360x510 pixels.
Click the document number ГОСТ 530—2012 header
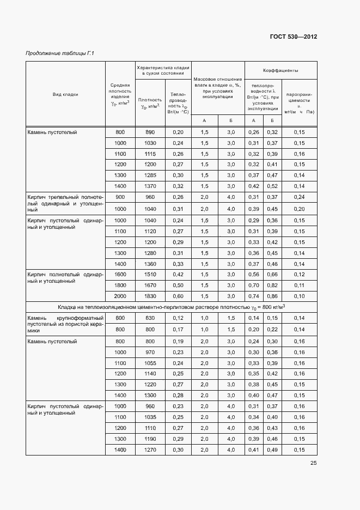pyautogui.click(x=294, y=37)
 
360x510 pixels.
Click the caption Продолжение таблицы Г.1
pyautogui.click(x=60, y=53)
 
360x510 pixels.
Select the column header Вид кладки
pyautogui.click(x=65, y=94)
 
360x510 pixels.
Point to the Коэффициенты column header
pyautogui.click(x=280, y=70)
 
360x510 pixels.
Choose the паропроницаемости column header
pyautogui.click(x=299, y=101)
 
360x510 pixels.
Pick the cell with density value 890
pyautogui.click(x=150, y=132)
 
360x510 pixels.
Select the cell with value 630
pyautogui.click(x=150, y=318)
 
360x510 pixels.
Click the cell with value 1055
pyautogui.click(x=150, y=363)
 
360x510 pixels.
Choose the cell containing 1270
pyautogui.click(x=150, y=450)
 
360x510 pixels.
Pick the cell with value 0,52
pyautogui.click(x=272, y=186)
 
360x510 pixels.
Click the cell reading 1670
pyautogui.click(x=150, y=285)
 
